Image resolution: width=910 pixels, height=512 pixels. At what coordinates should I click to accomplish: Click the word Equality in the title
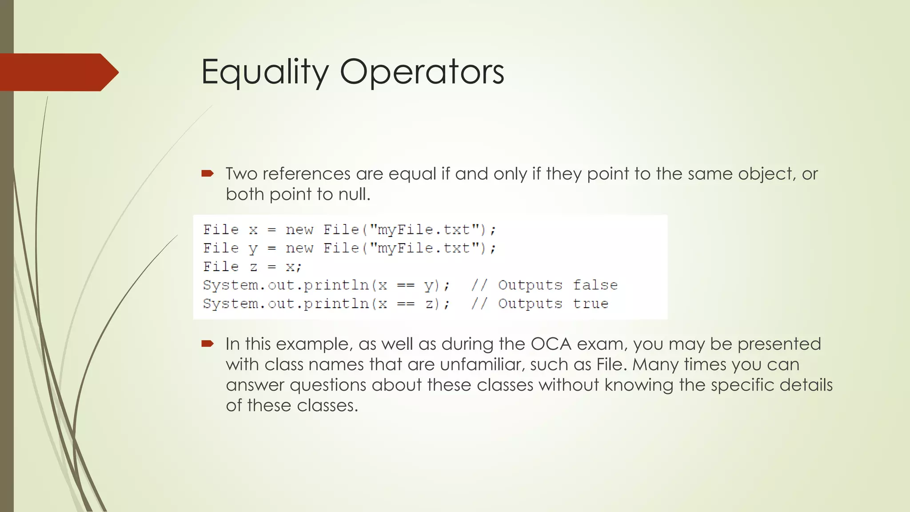pyautogui.click(x=265, y=72)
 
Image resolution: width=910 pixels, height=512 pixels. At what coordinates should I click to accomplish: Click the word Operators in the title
pyautogui.click(x=422, y=72)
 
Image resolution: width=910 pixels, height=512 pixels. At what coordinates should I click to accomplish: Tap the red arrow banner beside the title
pyautogui.click(x=58, y=72)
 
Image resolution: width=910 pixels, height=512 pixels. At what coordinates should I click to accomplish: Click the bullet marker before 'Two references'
pyautogui.click(x=208, y=173)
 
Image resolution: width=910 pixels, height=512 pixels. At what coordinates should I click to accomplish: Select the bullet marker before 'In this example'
pyautogui.click(x=208, y=344)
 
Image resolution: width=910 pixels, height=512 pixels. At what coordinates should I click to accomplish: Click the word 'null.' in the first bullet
pyautogui.click(x=354, y=194)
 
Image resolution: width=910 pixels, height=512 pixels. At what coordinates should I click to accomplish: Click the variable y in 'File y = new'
pyautogui.click(x=253, y=248)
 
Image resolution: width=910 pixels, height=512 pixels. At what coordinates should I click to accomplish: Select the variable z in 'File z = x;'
pyautogui.click(x=253, y=267)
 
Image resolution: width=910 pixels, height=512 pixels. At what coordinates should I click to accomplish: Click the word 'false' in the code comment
pyautogui.click(x=595, y=285)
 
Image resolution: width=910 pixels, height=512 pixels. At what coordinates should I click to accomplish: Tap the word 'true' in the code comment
pyautogui.click(x=591, y=304)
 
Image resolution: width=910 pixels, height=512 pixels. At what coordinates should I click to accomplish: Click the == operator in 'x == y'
pyautogui.click(x=405, y=285)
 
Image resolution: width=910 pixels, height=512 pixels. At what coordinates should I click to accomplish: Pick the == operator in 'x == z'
pyautogui.click(x=405, y=304)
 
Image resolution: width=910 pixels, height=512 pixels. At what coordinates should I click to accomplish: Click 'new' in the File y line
pyautogui.click(x=299, y=248)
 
